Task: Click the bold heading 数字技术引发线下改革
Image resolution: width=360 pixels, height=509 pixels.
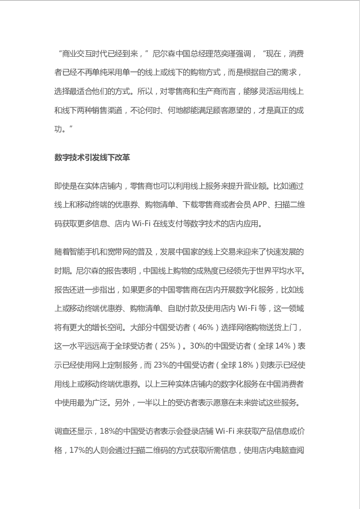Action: coord(92,157)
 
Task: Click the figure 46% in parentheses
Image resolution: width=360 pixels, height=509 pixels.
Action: coord(209,327)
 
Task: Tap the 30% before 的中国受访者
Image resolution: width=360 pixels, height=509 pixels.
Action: coord(198,346)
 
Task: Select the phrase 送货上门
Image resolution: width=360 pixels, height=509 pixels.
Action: coord(281,327)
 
